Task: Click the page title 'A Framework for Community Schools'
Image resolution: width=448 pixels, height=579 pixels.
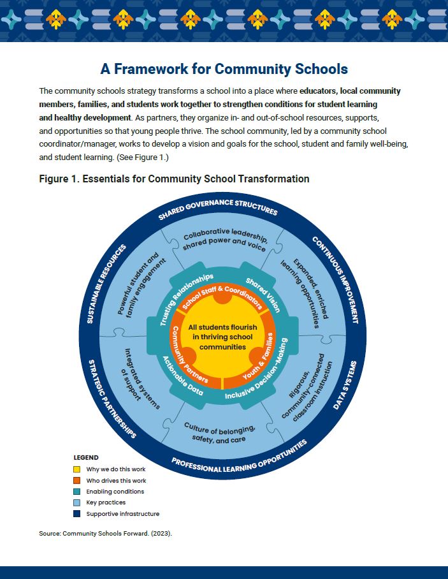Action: (x=224, y=69)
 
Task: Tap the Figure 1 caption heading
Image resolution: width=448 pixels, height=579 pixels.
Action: (x=174, y=179)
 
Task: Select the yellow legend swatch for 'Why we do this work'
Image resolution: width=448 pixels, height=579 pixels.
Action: (x=76, y=469)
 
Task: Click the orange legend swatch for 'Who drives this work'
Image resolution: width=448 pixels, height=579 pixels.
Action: (x=76, y=481)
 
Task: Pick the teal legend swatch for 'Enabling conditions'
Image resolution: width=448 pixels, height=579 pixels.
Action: (x=76, y=492)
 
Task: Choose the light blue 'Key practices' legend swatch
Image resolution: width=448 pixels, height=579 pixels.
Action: (x=76, y=503)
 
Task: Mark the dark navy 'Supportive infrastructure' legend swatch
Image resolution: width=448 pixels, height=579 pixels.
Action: (x=76, y=514)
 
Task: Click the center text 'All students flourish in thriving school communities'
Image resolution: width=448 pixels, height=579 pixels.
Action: (x=222, y=337)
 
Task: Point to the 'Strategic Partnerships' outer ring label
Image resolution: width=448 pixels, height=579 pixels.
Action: (x=112, y=398)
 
